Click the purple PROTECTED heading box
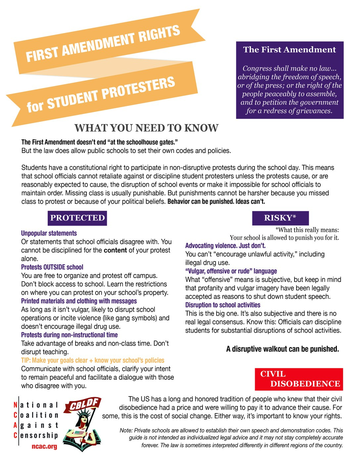[x=77, y=218]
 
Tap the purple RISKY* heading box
[x=280, y=218]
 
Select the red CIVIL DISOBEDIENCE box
[x=299, y=379]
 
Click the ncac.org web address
[x=44, y=446]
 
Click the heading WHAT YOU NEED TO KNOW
[x=146, y=128]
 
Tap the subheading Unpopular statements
[x=49, y=233]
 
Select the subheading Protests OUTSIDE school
[x=52, y=267]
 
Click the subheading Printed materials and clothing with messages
[x=79, y=301]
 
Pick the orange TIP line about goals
[x=93, y=360]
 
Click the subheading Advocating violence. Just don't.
[x=225, y=246]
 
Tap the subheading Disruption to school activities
[x=223, y=305]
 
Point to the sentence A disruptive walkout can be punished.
[x=283, y=349]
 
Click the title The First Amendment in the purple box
[x=290, y=50]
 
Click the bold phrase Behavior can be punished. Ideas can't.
[x=216, y=202]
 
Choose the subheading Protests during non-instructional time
[x=69, y=335]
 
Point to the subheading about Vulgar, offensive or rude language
[x=231, y=271]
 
